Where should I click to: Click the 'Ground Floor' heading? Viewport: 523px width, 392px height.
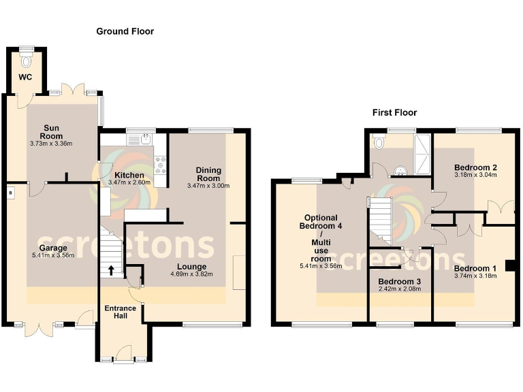(125, 31)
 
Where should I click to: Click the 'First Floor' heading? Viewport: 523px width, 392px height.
(394, 112)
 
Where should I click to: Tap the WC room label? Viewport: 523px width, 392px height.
(25, 77)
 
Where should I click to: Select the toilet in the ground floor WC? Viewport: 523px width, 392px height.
(27, 61)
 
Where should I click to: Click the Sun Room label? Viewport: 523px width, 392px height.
(50, 131)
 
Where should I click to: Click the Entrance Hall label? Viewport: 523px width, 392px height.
(121, 312)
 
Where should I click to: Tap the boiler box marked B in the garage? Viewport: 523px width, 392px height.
(10, 193)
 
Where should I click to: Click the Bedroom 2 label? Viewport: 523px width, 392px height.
(475, 167)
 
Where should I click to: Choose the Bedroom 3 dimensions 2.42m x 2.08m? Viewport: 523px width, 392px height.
(400, 289)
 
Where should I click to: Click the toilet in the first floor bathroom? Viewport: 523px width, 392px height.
(381, 143)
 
